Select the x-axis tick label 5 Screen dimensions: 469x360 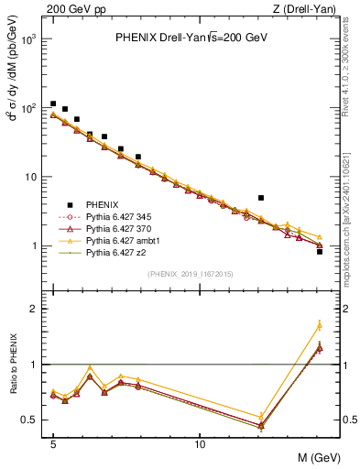pos(53,442)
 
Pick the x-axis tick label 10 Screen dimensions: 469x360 pos(200,442)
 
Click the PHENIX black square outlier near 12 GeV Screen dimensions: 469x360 pos(261,197)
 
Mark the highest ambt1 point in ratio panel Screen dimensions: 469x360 pos(319,325)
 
